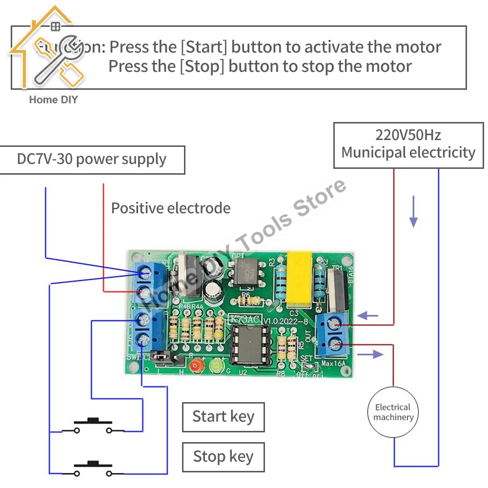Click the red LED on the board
[x=197, y=365]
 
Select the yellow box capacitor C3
[x=299, y=279]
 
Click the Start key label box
[x=223, y=417]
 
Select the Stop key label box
[x=223, y=457]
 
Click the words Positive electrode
[x=171, y=208]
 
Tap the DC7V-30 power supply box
[x=92, y=160]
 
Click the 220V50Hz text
[x=408, y=135]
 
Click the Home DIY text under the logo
[x=53, y=100]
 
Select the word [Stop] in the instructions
[x=202, y=66]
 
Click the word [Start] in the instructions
[x=204, y=47]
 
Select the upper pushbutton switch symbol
[x=93, y=426]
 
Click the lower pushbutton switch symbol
[x=93, y=469]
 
